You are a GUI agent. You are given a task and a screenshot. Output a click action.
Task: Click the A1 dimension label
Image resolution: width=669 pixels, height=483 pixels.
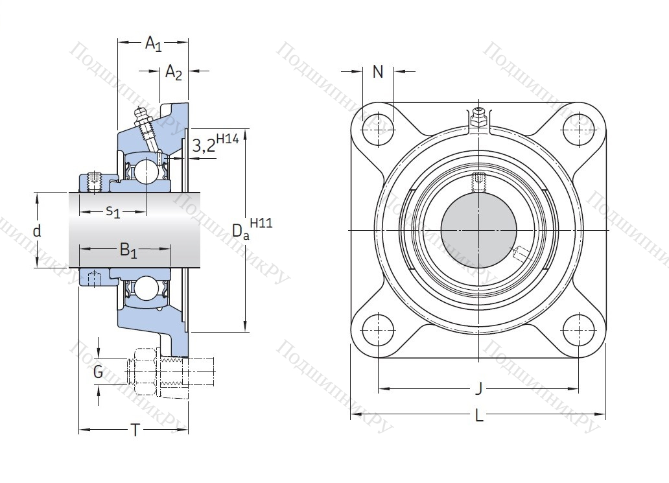coord(153,44)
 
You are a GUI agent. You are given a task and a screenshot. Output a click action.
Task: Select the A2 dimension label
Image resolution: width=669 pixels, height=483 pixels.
coord(173,72)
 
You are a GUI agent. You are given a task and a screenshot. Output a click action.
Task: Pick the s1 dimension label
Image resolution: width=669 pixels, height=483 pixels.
coord(113,211)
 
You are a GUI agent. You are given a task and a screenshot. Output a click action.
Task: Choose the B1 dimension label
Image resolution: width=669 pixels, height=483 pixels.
coord(128,250)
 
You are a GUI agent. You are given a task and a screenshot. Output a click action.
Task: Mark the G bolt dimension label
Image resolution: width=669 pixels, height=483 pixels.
coord(98,372)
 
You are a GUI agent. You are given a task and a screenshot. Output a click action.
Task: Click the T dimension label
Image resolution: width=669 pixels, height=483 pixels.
coord(135,430)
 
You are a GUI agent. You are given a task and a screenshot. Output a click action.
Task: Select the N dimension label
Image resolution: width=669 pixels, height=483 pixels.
coord(378,72)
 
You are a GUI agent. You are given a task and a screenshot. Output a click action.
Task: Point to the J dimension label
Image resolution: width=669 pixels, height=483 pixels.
coord(478,389)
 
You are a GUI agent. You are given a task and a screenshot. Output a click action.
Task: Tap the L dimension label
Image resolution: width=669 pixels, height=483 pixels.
coord(479,416)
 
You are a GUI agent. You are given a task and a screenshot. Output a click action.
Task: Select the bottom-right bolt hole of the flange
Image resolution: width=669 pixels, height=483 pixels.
coord(578,329)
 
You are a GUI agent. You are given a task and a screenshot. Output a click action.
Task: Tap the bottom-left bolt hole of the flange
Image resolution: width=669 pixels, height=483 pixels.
coord(378,329)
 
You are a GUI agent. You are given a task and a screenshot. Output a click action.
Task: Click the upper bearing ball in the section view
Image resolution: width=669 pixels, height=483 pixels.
coord(146,171)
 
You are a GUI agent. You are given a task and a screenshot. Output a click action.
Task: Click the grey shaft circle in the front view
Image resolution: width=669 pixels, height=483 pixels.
coord(478,230)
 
